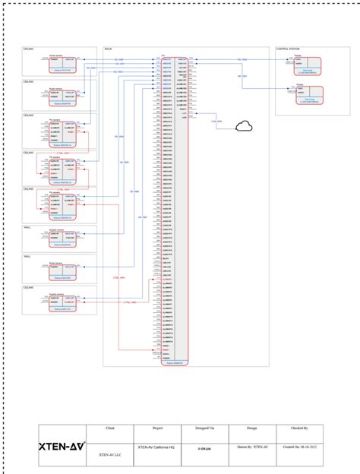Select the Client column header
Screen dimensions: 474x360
coord(109,428)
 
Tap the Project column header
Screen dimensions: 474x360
coord(157,428)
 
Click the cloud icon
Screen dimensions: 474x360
coord(245,126)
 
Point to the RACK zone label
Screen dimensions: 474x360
coord(108,49)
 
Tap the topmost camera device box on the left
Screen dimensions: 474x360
coord(61,65)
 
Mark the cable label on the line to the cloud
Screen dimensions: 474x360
coord(216,122)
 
